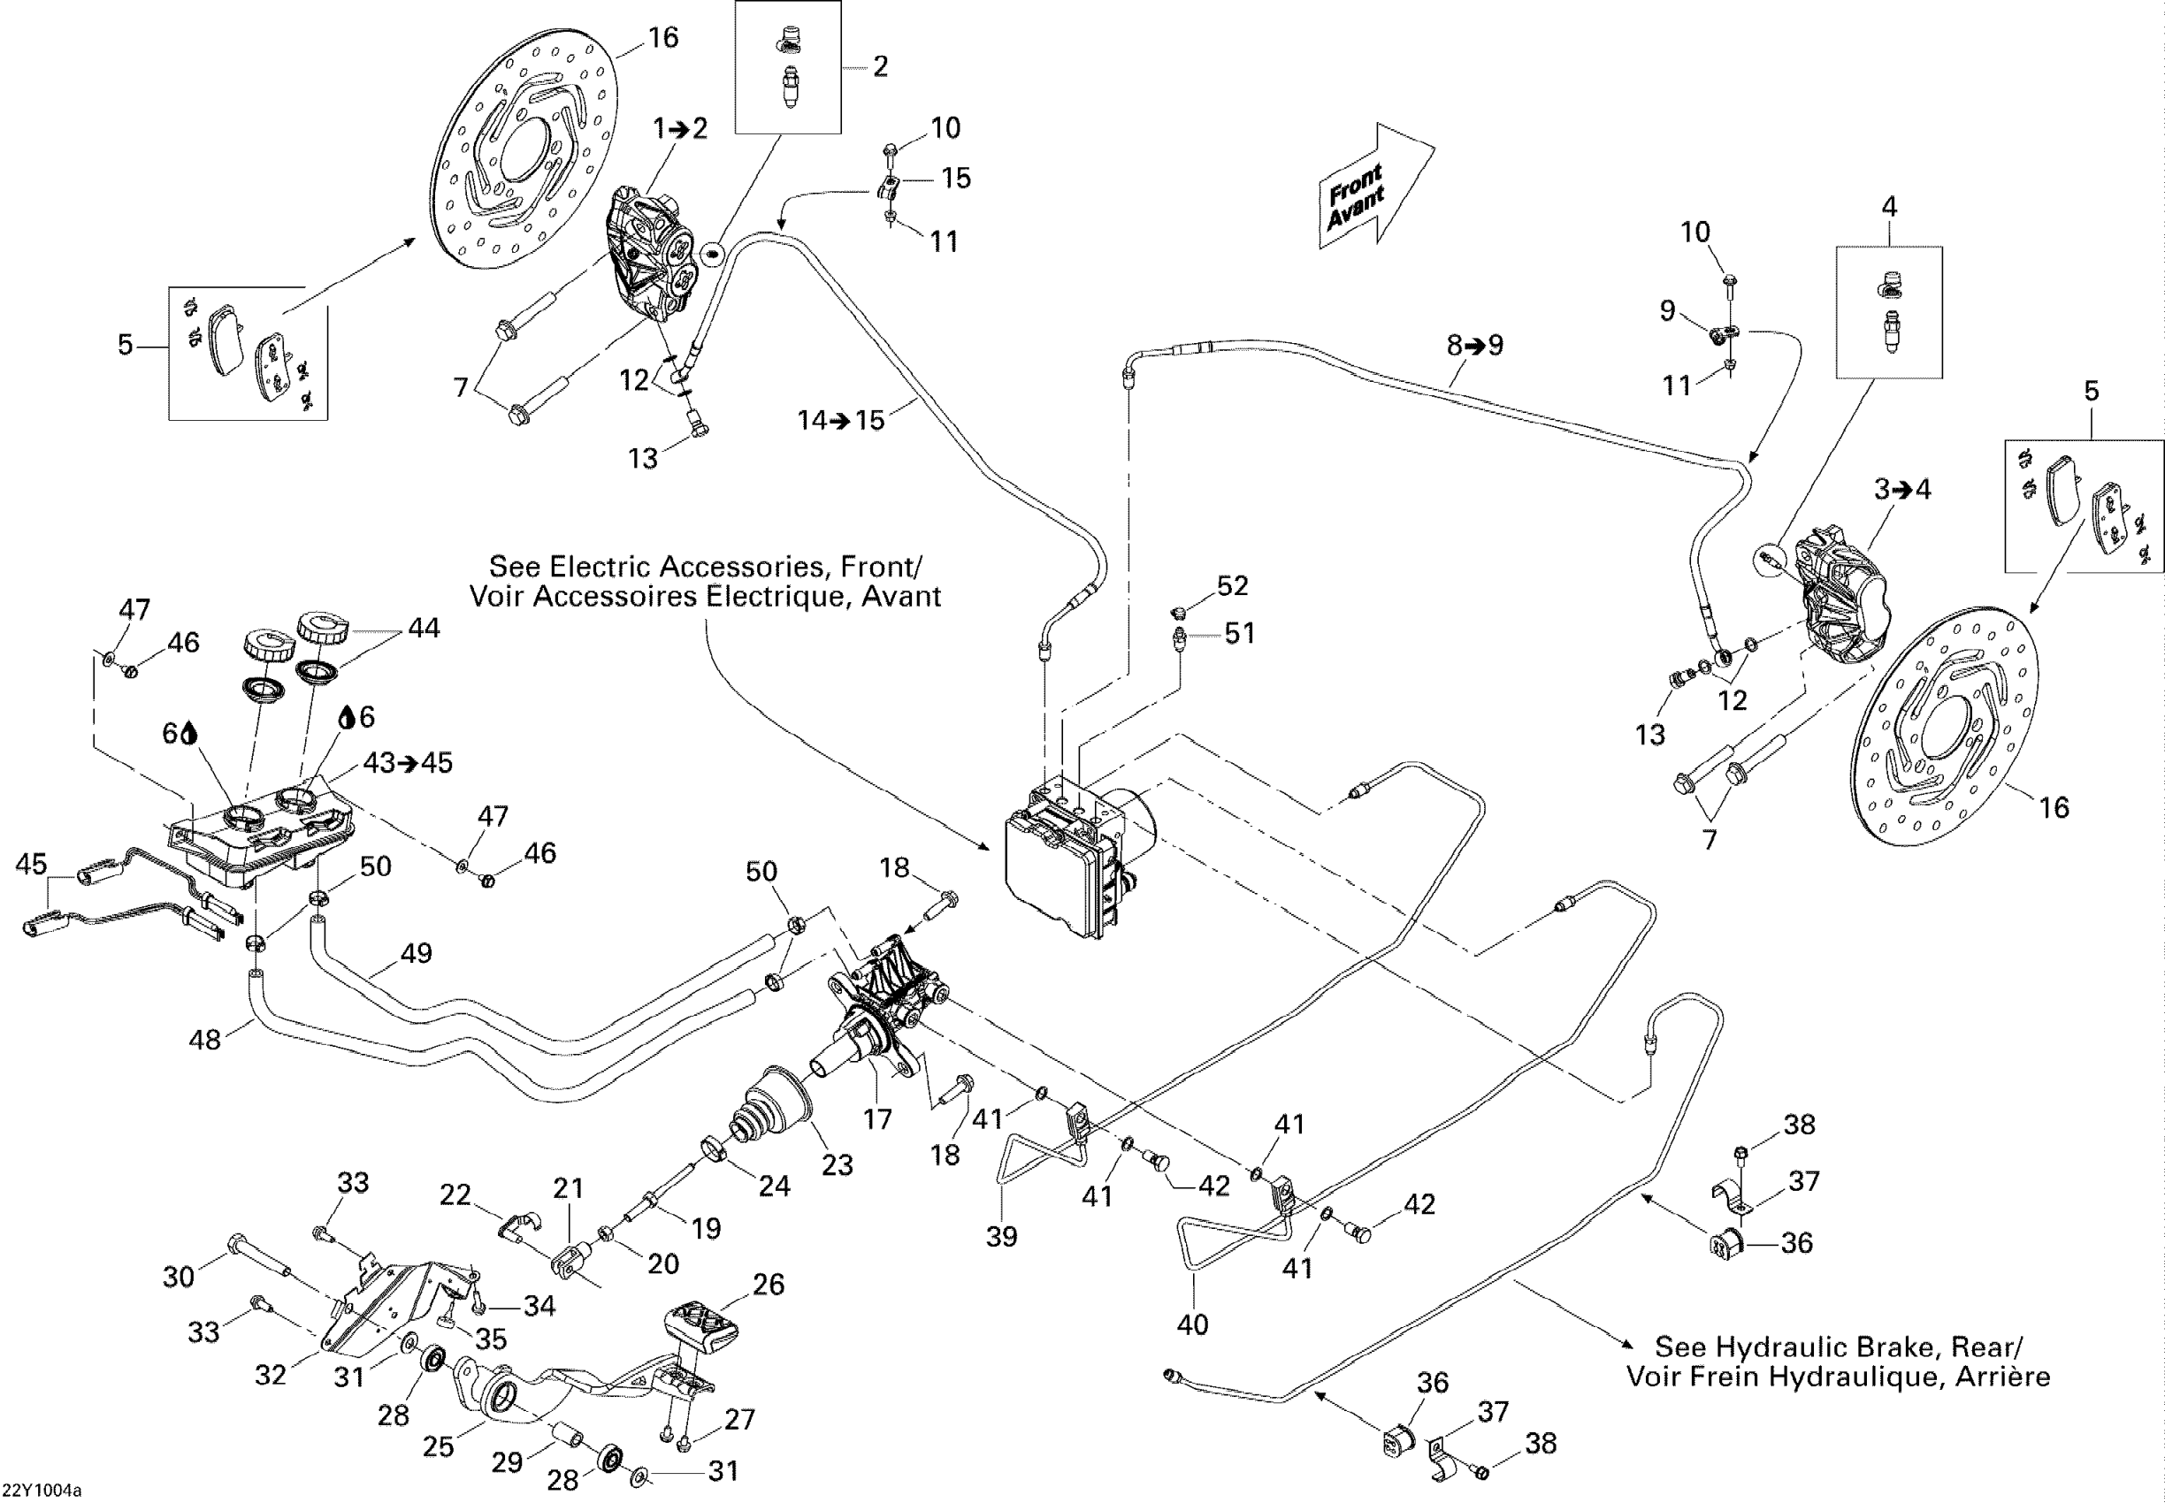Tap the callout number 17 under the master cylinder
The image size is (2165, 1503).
pyautogui.click(x=877, y=1118)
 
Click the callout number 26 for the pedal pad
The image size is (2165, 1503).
pyautogui.click(x=769, y=1285)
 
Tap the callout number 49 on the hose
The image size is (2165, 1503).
pyautogui.click(x=416, y=953)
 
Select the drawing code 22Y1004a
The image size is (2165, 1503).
pyautogui.click(x=42, y=1491)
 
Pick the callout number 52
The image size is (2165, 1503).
pyautogui.click(x=1232, y=586)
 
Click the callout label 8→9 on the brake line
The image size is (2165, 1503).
pyautogui.click(x=1475, y=346)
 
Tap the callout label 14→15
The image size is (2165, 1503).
pyautogui.click(x=841, y=420)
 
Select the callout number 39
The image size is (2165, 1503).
pyautogui.click(x=1001, y=1237)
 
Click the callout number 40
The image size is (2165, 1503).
pyautogui.click(x=1193, y=1325)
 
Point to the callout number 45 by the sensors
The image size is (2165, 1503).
pyautogui.click(x=31, y=864)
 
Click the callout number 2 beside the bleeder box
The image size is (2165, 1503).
pyautogui.click(x=880, y=66)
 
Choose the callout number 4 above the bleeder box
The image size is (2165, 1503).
pyautogui.click(x=1889, y=206)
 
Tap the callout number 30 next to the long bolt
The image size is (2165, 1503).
pyautogui.click(x=178, y=1277)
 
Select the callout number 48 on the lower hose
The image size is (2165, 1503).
pyautogui.click(x=205, y=1040)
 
